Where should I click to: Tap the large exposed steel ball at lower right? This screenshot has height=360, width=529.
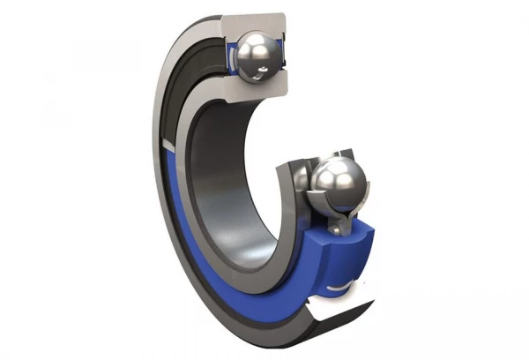click(339, 183)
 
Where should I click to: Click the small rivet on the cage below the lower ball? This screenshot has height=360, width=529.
click(336, 230)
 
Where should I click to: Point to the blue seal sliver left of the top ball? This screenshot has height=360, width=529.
click(228, 55)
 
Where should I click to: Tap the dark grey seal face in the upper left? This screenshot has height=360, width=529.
click(181, 88)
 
